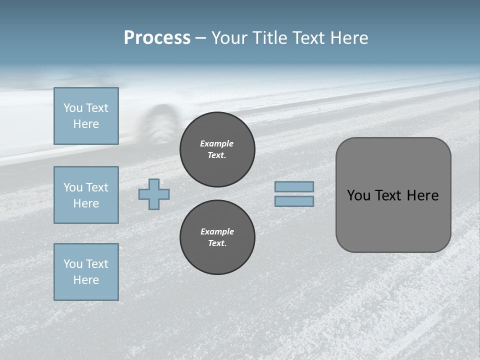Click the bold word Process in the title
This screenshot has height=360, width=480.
(x=157, y=38)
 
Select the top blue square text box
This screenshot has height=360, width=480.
(x=86, y=116)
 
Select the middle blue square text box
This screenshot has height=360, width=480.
(x=86, y=195)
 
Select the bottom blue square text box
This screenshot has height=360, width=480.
(x=86, y=272)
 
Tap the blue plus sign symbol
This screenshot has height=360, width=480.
(x=154, y=194)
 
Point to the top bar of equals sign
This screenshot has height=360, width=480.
(x=294, y=186)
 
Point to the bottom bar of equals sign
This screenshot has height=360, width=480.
(x=294, y=201)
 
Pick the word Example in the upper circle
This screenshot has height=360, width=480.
(x=216, y=143)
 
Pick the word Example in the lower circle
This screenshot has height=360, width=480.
(x=217, y=231)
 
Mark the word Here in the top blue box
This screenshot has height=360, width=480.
(x=86, y=124)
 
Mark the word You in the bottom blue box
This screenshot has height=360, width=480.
(x=73, y=264)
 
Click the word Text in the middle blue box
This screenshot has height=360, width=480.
(x=96, y=187)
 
